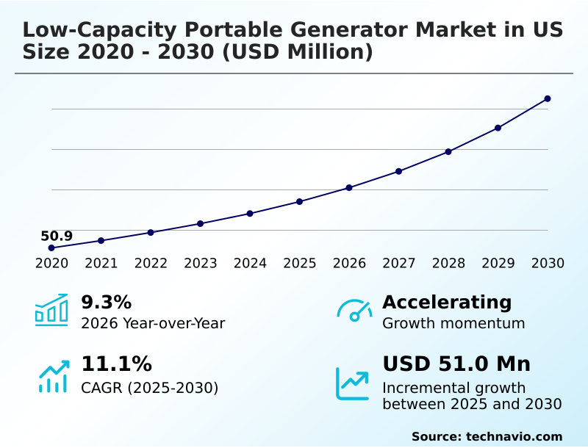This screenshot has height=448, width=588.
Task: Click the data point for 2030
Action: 548,98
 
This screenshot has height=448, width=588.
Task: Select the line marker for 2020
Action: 51,248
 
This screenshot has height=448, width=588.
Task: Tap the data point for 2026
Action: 349,188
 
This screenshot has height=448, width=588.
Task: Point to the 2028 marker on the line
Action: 448,151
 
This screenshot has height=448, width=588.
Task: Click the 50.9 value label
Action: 57,236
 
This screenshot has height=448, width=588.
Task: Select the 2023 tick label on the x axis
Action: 201,264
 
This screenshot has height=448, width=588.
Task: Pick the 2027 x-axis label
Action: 399,264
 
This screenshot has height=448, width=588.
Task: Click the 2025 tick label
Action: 300,264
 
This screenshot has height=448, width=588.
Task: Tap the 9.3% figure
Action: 106,302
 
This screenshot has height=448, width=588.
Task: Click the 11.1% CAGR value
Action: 116,364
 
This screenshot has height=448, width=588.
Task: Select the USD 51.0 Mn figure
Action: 456,364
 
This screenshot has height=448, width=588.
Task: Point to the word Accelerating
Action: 447,302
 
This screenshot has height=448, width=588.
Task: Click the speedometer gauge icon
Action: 354,310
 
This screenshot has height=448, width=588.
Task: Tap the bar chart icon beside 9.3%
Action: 51,310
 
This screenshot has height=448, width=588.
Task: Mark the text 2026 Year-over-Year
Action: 153,323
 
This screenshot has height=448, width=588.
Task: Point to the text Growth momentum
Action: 453,323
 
